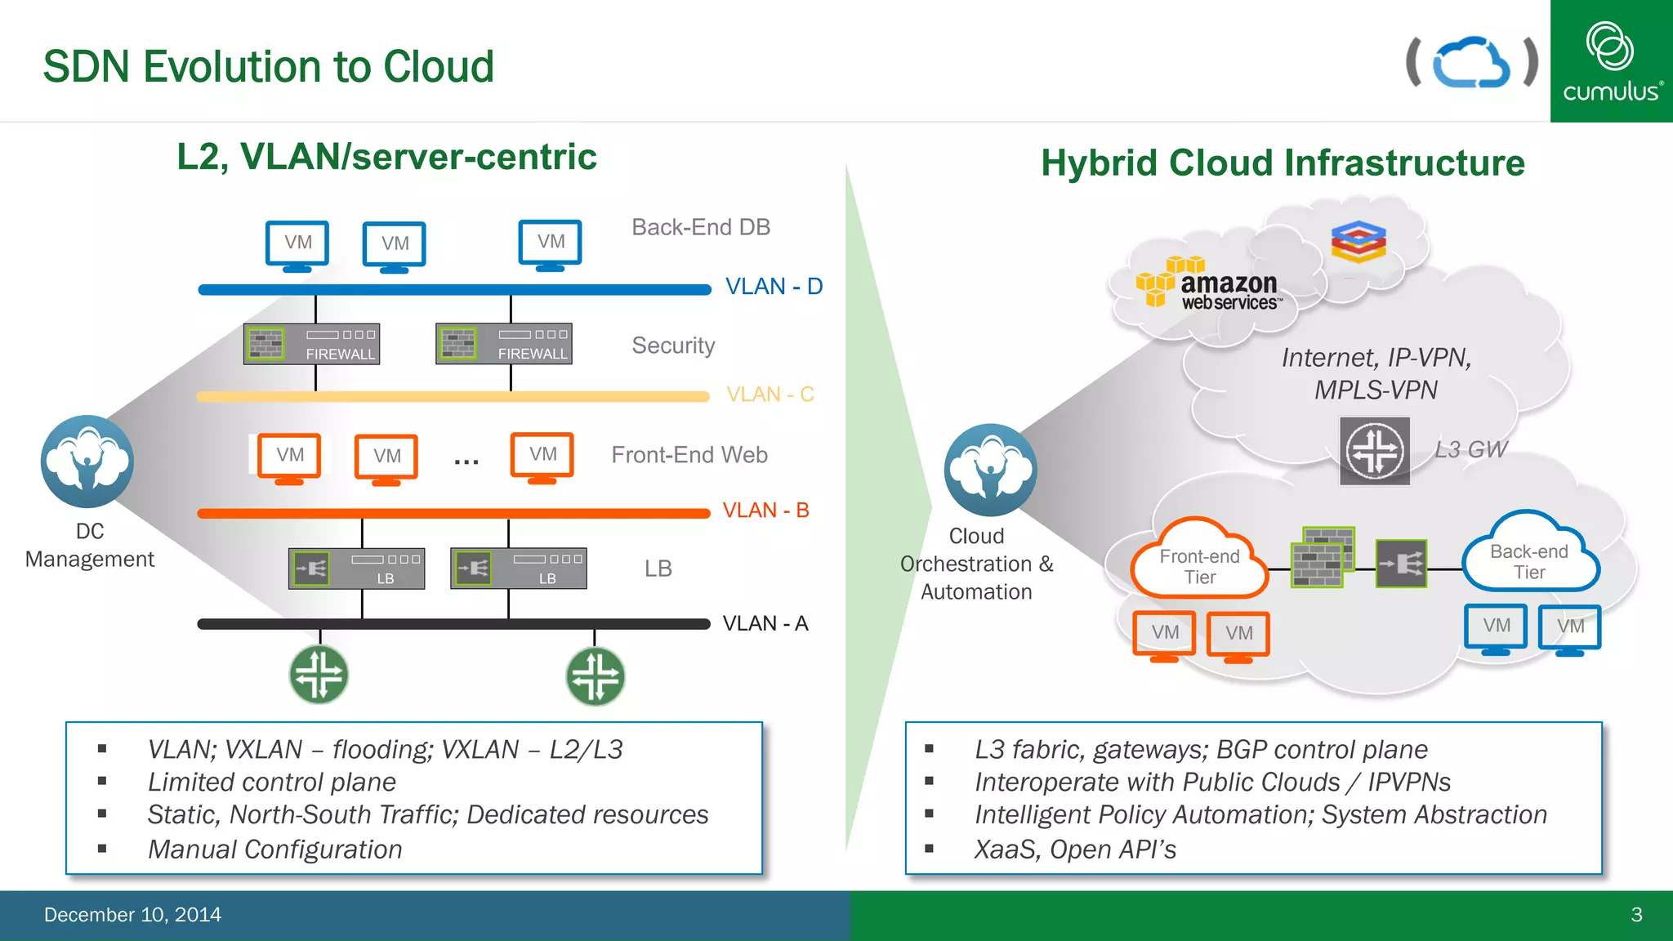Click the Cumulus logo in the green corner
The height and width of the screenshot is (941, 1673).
(x=1611, y=61)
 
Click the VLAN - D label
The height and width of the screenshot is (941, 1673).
(x=774, y=287)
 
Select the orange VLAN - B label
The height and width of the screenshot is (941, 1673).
(x=765, y=511)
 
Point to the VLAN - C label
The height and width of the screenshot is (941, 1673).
(x=770, y=395)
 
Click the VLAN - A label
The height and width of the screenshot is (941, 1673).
(x=765, y=623)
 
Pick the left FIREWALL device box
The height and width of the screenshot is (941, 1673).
(x=311, y=344)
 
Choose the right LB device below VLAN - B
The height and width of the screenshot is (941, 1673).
(x=518, y=568)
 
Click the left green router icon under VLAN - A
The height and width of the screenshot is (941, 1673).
(x=319, y=675)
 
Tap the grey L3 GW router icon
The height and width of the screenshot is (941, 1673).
(x=1375, y=451)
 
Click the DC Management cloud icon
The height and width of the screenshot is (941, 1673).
(x=87, y=462)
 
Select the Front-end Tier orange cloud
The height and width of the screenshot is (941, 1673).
(x=1199, y=562)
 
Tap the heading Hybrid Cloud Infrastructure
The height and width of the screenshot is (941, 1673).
(x=1283, y=163)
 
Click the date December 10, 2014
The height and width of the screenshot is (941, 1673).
(x=132, y=915)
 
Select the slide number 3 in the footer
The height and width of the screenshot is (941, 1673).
(x=1636, y=915)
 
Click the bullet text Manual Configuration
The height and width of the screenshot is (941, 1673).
(x=274, y=850)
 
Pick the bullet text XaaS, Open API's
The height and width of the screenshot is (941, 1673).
(x=1075, y=850)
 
